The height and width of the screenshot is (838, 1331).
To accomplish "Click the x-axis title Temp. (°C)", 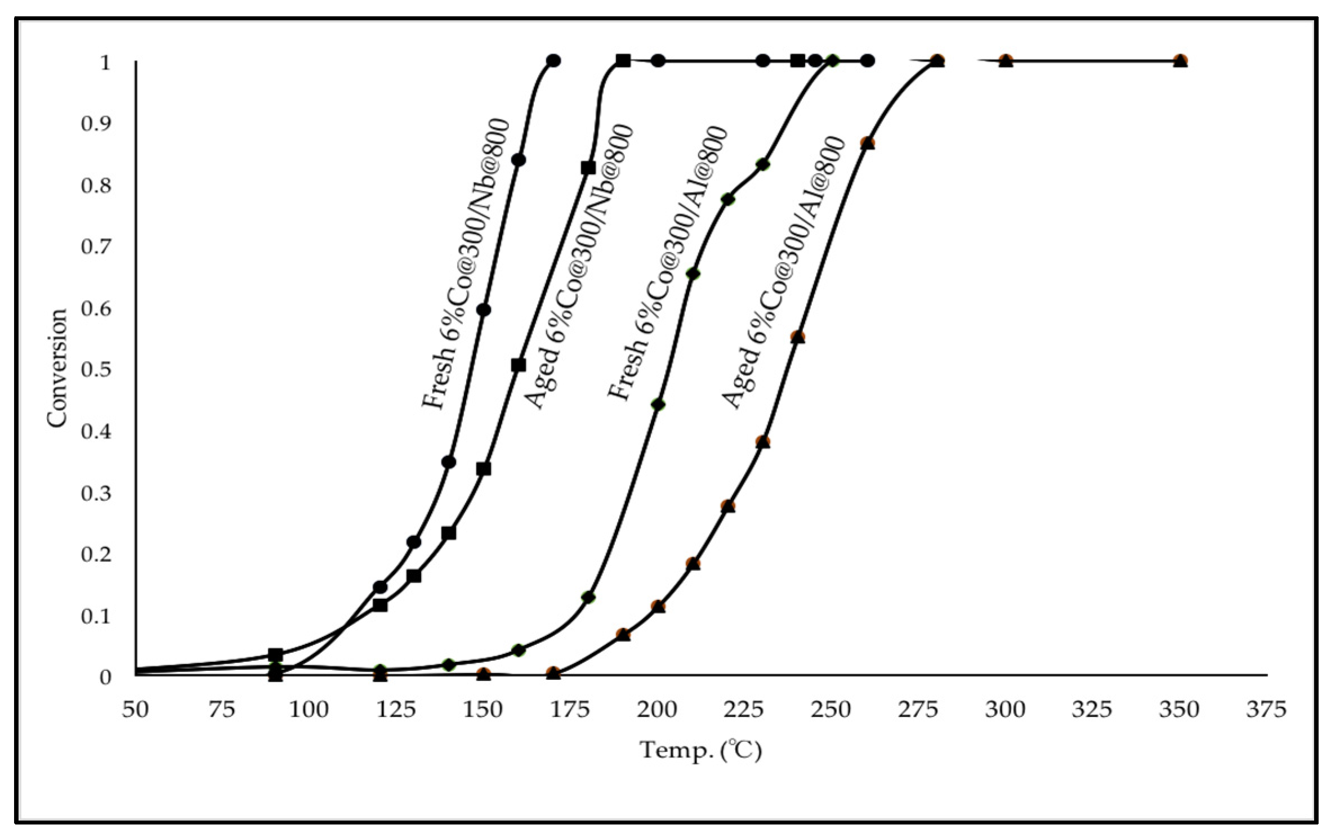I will pyautogui.click(x=701, y=750).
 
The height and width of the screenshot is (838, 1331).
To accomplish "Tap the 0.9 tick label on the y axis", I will pyautogui.click(x=97, y=124).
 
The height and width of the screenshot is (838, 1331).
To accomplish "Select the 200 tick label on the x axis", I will pyautogui.click(x=658, y=710).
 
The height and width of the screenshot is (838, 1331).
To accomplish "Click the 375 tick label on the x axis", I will pyautogui.click(x=1266, y=710).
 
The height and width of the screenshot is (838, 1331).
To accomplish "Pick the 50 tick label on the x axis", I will pyautogui.click(x=135, y=710).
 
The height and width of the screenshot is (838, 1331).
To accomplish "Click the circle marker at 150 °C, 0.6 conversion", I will pyautogui.click(x=484, y=310).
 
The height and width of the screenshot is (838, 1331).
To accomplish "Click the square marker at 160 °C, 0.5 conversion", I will pyautogui.click(x=519, y=365).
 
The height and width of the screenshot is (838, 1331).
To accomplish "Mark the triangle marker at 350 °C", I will pyautogui.click(x=1181, y=61).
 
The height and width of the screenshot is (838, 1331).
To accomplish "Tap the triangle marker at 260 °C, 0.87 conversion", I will pyautogui.click(x=868, y=144).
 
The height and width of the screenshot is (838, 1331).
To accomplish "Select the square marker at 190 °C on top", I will pyautogui.click(x=623, y=60).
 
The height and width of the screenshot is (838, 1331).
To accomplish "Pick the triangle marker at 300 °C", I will pyautogui.click(x=1006, y=61).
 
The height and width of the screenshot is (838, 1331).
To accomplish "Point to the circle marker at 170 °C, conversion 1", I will pyautogui.click(x=553, y=60).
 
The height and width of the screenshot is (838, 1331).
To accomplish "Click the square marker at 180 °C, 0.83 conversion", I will pyautogui.click(x=588, y=168).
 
